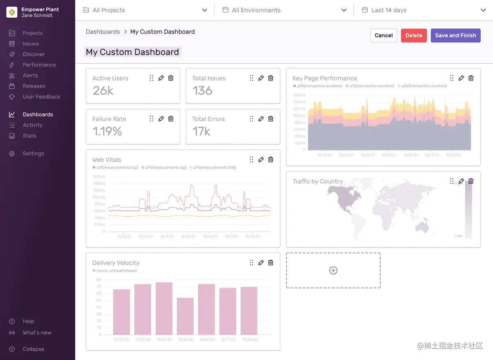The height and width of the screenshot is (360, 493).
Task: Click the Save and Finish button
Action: [x=455, y=35]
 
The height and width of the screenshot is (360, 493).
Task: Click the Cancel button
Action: [x=384, y=35]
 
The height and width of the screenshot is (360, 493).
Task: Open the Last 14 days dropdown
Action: [x=423, y=10]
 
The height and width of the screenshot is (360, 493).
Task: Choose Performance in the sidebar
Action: [x=39, y=65]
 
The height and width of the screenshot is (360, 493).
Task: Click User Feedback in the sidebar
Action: [x=41, y=97]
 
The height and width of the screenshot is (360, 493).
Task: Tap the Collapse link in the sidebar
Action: [x=33, y=349]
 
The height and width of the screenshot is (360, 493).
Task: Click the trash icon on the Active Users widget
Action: [x=171, y=78]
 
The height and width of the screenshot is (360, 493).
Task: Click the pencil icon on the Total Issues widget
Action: [x=261, y=78]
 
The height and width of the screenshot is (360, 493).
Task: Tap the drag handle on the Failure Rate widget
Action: [x=152, y=119]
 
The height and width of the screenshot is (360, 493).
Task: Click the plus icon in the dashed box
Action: [x=333, y=270]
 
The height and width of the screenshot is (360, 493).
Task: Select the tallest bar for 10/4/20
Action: [x=164, y=308]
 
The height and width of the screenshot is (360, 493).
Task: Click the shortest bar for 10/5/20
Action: [x=185, y=316]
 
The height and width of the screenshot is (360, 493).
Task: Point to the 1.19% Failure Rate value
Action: [x=107, y=132]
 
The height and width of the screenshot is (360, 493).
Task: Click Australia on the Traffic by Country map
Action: [x=422, y=225]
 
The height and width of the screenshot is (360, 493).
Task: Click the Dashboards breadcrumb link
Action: [x=103, y=32]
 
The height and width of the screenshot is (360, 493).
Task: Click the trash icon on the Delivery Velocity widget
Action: [x=271, y=263]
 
